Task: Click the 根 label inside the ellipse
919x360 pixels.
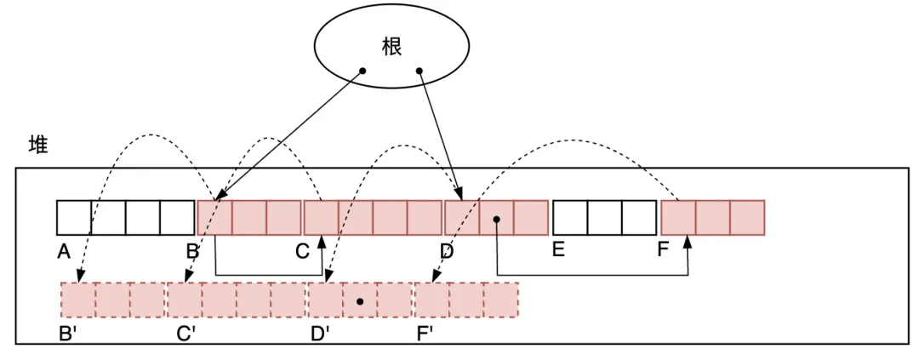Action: [x=391, y=47]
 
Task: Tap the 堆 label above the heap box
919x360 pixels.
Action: [x=38, y=145]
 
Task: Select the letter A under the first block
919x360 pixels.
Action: [x=63, y=252]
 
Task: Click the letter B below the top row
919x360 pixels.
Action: [x=192, y=252]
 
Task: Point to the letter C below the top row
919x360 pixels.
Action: [x=302, y=252]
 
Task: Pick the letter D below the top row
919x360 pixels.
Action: [x=447, y=252]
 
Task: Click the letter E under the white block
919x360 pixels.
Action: [x=558, y=252]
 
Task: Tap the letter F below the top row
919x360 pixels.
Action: [x=663, y=252]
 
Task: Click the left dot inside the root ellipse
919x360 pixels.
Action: [x=362, y=71]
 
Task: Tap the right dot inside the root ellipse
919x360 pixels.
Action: [x=420, y=71]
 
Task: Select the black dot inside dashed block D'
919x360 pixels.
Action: [x=360, y=301]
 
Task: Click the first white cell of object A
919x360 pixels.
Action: [x=74, y=218]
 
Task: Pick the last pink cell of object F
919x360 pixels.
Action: [x=747, y=218]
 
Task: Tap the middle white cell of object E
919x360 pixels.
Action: [x=604, y=218]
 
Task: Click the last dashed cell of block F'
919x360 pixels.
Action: [x=500, y=300]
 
